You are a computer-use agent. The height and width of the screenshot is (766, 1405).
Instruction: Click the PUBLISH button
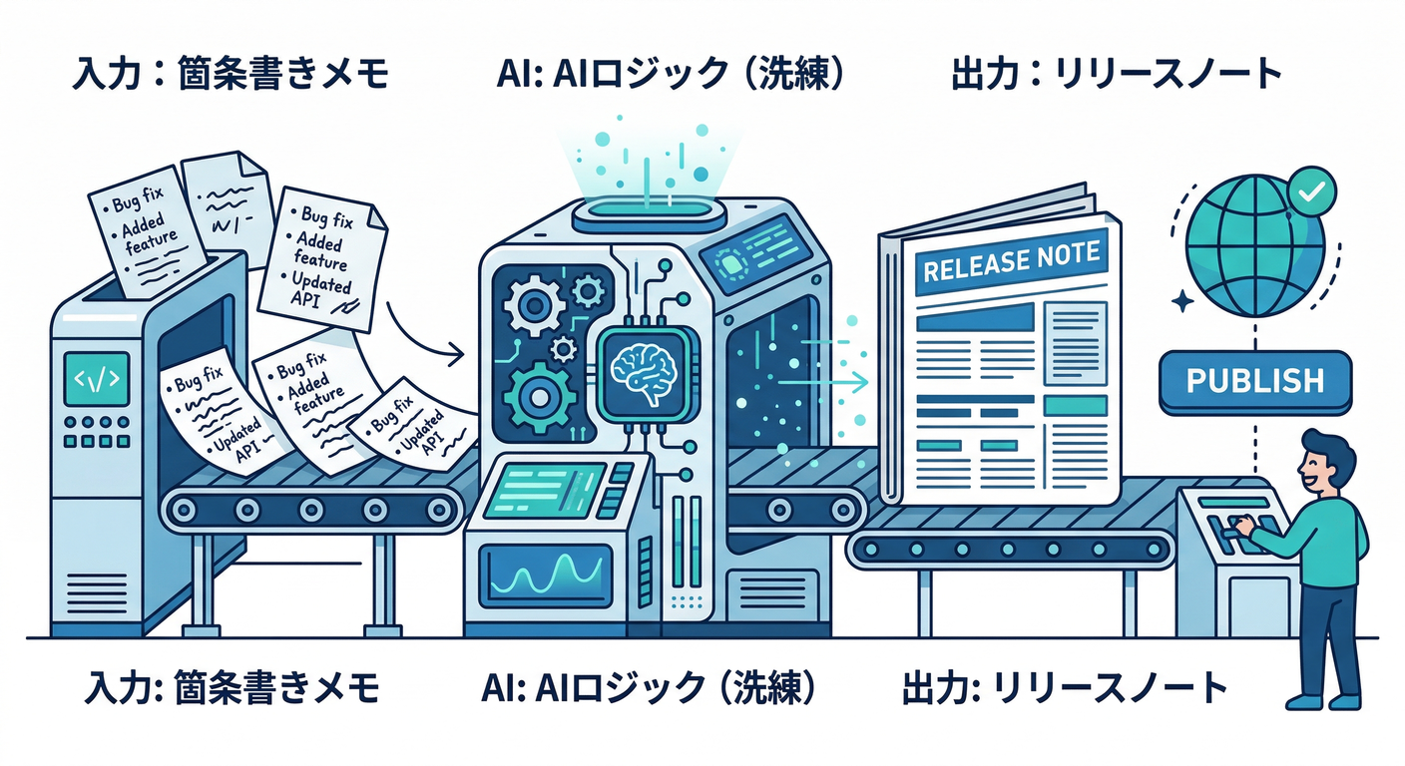tap(1256, 381)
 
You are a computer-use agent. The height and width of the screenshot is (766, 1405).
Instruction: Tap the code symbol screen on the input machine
tap(96, 379)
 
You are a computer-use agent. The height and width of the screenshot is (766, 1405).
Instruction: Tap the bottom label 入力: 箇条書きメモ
tap(232, 687)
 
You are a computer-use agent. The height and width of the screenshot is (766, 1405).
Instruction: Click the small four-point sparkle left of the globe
tap(1184, 301)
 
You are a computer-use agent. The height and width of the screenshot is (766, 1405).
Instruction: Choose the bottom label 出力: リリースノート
tap(1064, 687)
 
